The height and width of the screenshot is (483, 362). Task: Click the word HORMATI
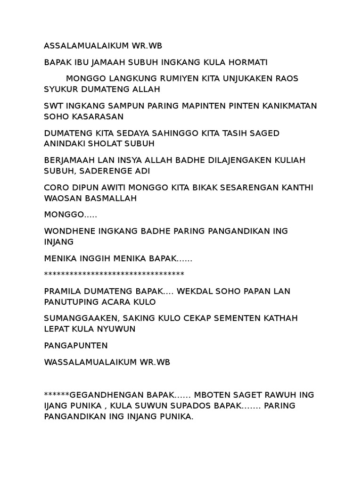coord(245,62)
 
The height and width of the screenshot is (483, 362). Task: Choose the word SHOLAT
coord(102,144)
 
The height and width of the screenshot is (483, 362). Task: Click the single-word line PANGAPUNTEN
coord(76,346)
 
